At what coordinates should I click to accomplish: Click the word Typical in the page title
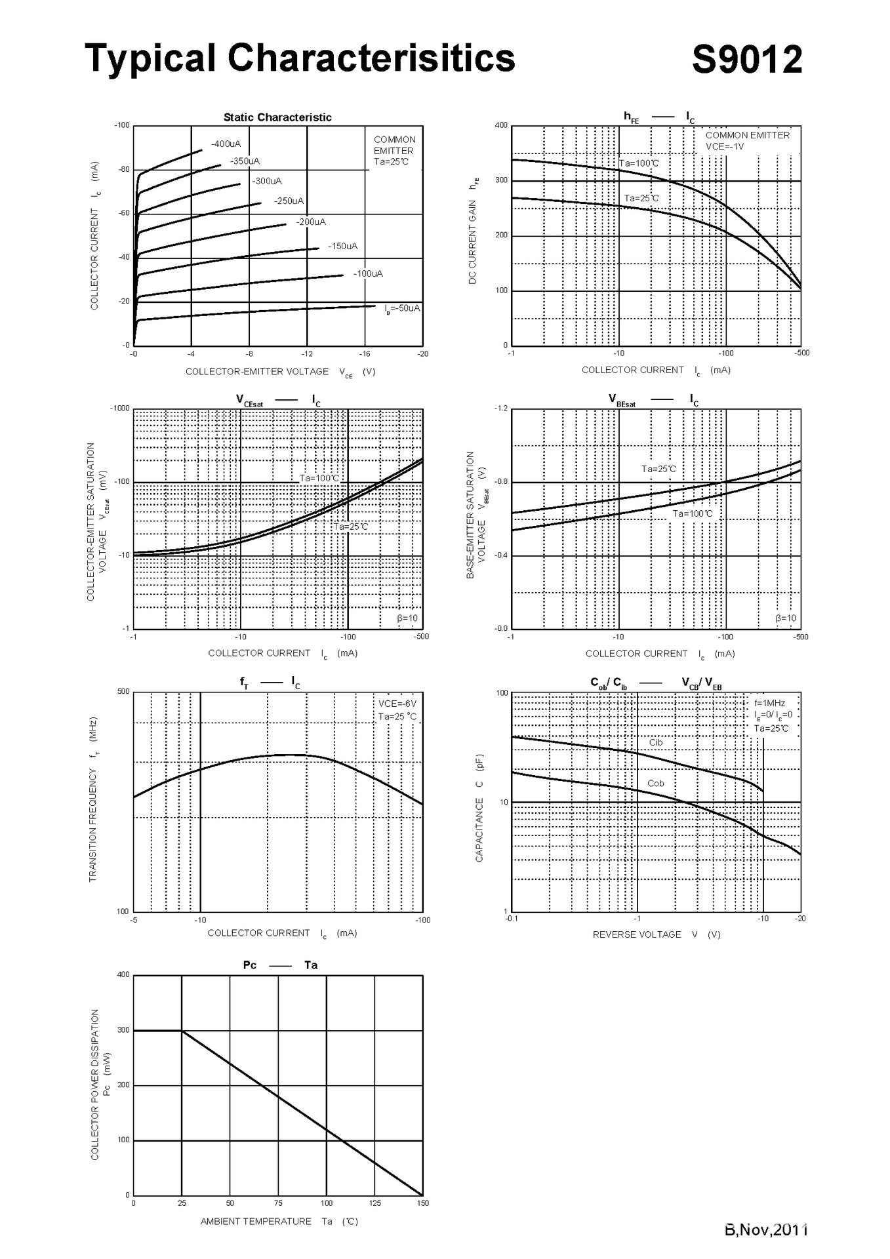pos(150,58)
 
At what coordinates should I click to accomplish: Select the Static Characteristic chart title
pos(277,117)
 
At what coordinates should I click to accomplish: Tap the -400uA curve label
pos(226,144)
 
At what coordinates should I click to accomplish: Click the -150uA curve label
pos(342,246)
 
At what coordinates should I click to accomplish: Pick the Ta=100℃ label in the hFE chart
pos(639,163)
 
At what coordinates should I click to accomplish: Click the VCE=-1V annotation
pos(724,146)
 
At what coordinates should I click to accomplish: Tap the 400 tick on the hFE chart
pos(501,125)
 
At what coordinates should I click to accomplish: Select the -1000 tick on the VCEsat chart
pos(119,409)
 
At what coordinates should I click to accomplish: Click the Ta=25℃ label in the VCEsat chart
pos(351,527)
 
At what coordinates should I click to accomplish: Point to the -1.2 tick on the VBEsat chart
pos(500,409)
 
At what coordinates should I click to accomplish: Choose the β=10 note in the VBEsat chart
pos(785,618)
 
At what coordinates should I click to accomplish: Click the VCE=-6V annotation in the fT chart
pos(397,704)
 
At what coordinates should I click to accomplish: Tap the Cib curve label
pos(656,742)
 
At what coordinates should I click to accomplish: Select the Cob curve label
pos(655,783)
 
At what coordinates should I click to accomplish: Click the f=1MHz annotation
pos(769,703)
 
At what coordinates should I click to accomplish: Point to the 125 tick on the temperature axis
pos(374,1203)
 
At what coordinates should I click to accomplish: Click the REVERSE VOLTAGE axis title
pos(637,934)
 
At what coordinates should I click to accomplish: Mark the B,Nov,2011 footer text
pos(765,1229)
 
